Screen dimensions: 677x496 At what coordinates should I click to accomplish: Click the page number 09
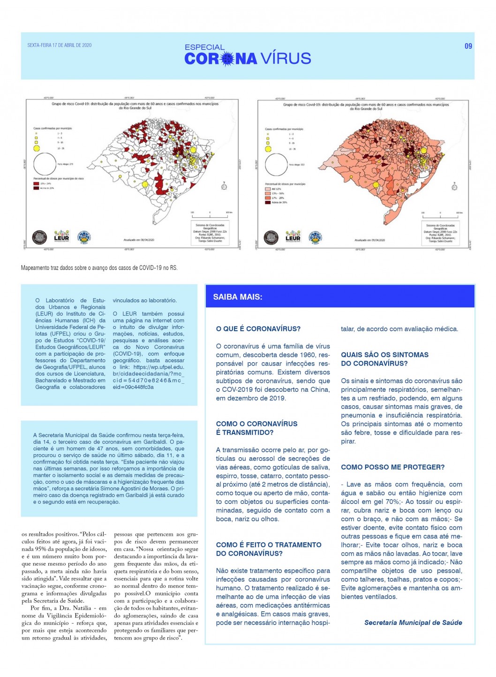(468, 46)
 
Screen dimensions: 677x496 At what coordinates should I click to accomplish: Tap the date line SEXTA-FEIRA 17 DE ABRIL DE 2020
(60, 46)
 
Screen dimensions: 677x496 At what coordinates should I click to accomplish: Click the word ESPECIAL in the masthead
(204, 47)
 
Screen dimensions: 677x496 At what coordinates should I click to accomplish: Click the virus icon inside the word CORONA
(227, 59)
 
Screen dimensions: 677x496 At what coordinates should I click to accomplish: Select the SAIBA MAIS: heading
(238, 297)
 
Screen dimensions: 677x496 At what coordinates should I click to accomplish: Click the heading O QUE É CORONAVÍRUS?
(258, 329)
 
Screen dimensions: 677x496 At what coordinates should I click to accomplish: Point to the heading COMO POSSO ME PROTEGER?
(393, 467)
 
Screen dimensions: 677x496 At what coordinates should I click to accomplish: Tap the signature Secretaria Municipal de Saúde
(413, 623)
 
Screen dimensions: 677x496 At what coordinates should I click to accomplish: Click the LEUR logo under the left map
(61, 236)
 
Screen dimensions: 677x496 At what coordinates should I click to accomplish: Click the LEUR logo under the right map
(293, 236)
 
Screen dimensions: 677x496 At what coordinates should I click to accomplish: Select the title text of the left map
(135, 106)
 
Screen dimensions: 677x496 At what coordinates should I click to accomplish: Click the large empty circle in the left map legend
(45, 164)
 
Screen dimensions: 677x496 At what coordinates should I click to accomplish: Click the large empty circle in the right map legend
(276, 165)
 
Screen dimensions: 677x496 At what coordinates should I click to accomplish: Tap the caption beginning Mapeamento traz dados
(99, 268)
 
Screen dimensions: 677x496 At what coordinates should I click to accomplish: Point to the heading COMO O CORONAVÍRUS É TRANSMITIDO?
(256, 428)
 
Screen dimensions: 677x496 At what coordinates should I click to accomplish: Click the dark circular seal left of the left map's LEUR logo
(40, 237)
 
